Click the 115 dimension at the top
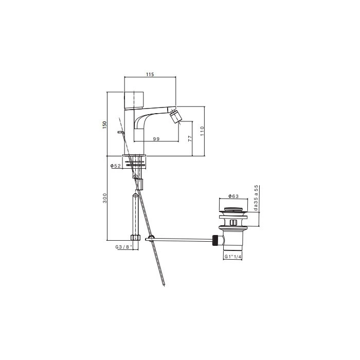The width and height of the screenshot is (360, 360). point(150,75)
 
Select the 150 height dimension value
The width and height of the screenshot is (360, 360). point(105,124)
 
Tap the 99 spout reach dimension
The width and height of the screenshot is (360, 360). point(156,139)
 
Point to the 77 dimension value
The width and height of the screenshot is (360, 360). point(190,138)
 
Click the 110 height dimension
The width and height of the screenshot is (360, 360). point(202,131)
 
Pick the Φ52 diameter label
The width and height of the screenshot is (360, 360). point(116,166)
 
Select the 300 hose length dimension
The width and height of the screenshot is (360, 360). point(105,198)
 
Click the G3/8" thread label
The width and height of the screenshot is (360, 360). point(124,247)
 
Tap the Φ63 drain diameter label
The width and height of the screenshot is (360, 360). point(233,196)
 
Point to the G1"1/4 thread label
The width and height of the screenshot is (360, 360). point(233,257)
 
